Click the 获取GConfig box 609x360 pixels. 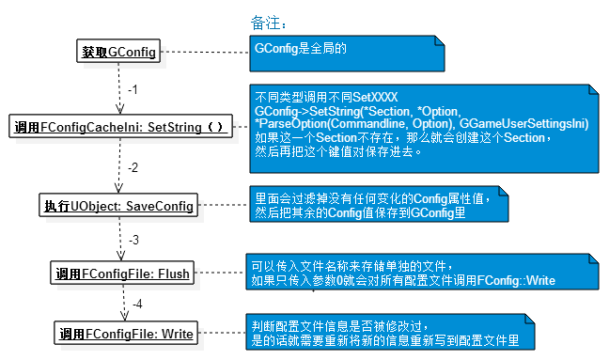pos(118,51)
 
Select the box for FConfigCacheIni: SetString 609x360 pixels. pos(121,126)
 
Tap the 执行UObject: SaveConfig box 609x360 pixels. pos(118,205)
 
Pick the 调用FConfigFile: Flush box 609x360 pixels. pos(122,273)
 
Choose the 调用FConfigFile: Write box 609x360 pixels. pos(126,333)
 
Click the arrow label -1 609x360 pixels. pos(133,89)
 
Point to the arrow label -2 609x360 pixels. pos(133,167)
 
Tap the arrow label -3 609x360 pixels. pos(134,240)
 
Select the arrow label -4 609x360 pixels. pos(137,304)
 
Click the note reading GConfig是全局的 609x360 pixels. pos(347,54)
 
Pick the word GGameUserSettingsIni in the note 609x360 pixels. pos(523,124)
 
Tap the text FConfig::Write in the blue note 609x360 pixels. pos(516,280)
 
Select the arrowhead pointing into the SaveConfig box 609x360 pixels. pos(118,188)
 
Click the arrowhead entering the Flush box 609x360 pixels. pos(121,256)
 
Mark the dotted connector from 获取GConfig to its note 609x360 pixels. pos(205,52)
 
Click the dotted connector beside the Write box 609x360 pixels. pos(222,333)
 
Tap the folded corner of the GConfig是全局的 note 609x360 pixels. pos(440,40)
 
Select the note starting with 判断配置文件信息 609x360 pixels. pos(390,332)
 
